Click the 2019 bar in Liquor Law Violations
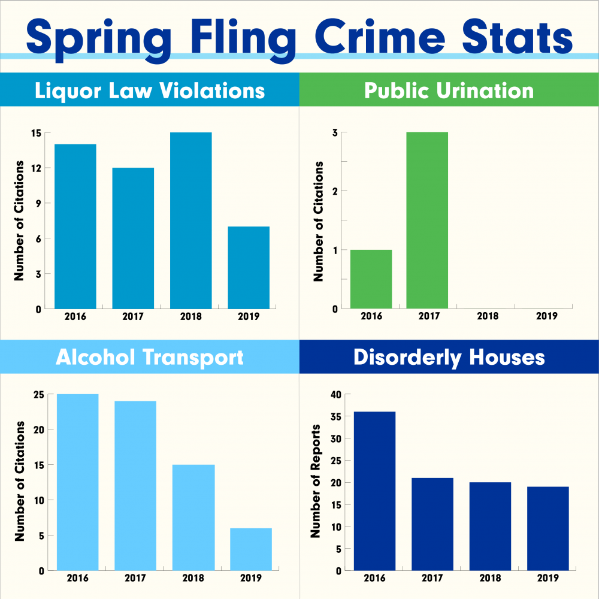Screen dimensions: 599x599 click(249, 268)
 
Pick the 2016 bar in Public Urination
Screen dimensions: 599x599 click(371, 279)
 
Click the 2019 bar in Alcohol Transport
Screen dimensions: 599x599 click(251, 549)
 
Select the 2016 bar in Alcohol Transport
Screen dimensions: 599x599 click(77, 482)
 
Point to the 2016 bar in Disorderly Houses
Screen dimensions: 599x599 click(374, 491)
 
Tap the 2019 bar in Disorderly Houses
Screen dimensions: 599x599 click(548, 528)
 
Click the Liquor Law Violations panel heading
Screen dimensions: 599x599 click(150, 90)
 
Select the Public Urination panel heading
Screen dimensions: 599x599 click(449, 90)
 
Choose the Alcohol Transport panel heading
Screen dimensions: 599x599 click(150, 357)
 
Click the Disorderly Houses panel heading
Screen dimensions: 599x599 click(449, 357)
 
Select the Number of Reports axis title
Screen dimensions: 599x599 click(316, 481)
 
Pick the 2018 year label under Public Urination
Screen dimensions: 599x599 click(488, 316)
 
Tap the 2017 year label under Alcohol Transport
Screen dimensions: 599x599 click(135, 579)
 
